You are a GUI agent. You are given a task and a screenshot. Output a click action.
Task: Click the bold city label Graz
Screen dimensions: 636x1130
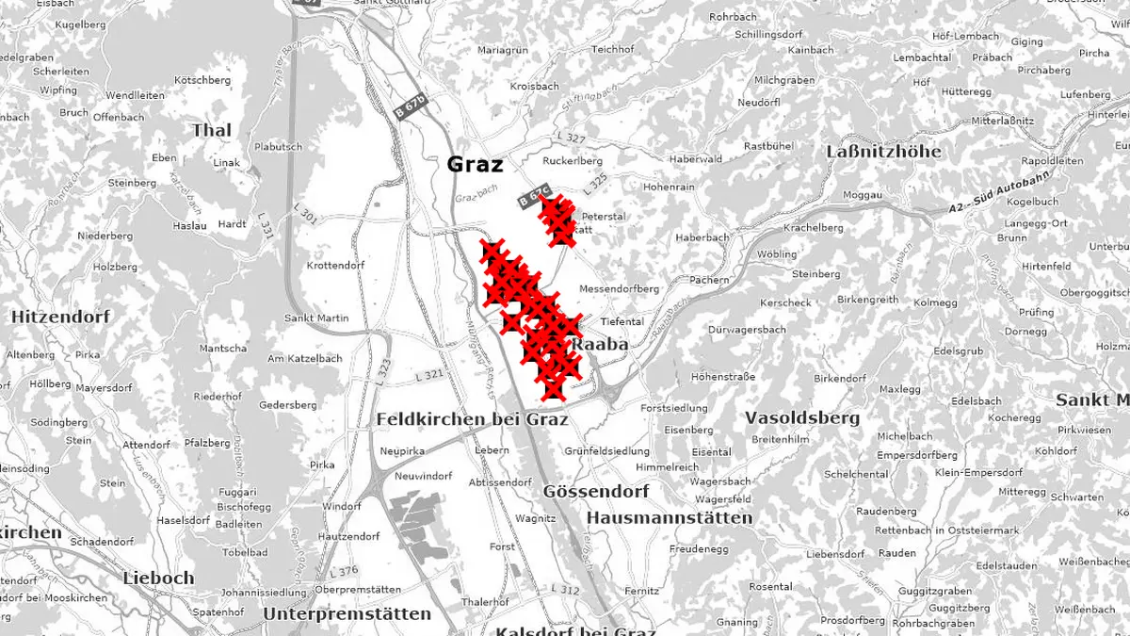click(x=475, y=164)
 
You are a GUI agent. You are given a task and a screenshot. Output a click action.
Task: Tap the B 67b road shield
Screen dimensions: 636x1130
click(x=411, y=105)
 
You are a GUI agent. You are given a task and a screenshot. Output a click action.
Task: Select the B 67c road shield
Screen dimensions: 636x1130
click(x=534, y=199)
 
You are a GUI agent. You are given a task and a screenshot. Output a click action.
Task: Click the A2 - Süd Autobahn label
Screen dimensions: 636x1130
click(x=991, y=203)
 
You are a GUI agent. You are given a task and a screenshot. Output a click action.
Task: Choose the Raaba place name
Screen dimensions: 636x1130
click(x=600, y=345)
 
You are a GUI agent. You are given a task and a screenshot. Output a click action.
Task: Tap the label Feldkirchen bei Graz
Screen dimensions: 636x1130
click(x=472, y=418)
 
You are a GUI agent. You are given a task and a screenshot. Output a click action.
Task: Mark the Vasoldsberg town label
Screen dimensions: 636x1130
click(x=802, y=416)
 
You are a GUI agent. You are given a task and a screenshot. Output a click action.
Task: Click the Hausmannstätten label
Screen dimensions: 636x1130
click(x=670, y=517)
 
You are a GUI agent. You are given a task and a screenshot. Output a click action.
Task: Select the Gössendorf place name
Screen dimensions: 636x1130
click(x=596, y=491)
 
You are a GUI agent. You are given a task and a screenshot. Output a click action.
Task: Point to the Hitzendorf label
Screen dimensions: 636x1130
click(x=60, y=318)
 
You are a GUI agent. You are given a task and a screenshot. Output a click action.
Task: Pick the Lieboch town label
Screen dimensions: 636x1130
click(x=158, y=578)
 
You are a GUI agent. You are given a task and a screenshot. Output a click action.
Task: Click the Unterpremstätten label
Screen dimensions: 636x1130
click(x=347, y=613)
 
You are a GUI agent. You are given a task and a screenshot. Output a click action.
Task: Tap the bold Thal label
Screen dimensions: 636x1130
click(x=212, y=130)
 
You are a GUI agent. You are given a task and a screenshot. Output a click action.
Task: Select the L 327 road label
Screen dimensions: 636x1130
click(x=571, y=139)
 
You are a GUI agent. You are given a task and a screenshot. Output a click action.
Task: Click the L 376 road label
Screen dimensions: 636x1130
click(x=345, y=571)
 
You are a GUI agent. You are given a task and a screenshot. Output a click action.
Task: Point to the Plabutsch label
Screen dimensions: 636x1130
click(x=278, y=147)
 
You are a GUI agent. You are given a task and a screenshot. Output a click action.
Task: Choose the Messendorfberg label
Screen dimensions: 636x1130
click(x=619, y=288)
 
